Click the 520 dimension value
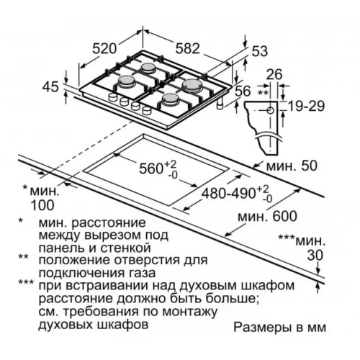point(104,49)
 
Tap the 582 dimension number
point(187,48)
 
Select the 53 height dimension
point(259,51)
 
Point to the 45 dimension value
point(50,86)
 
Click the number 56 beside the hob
point(243,91)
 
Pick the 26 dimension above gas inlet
point(274,74)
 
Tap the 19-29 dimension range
point(306,106)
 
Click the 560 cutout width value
point(151,168)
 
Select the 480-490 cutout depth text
point(228,194)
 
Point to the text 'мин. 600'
point(267,216)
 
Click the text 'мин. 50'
point(292,166)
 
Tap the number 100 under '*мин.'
point(42,205)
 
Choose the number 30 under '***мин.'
point(315,256)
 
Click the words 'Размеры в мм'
point(280,328)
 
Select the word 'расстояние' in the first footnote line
point(109,223)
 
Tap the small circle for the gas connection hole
point(270,111)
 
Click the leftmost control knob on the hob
point(112,97)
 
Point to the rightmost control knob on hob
point(147,110)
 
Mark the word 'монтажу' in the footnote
point(189,312)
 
